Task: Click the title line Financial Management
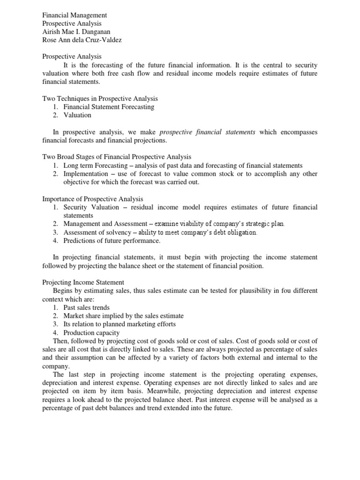(x=75, y=15)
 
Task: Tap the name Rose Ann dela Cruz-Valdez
(x=82, y=40)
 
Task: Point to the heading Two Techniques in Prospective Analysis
(x=100, y=98)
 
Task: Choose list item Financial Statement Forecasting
(x=109, y=107)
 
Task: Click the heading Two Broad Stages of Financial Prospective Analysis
(x=117, y=157)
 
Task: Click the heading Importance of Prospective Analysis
(x=93, y=199)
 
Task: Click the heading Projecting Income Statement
(x=83, y=282)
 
